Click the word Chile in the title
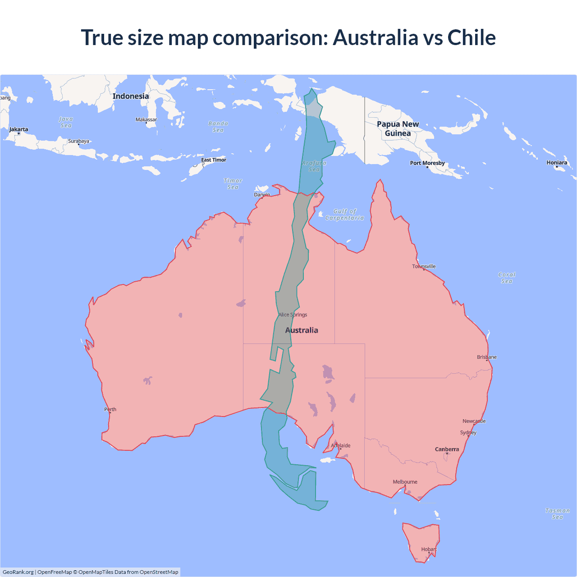(x=471, y=37)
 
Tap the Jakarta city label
(x=18, y=129)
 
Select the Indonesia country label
(x=130, y=96)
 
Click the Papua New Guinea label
(x=398, y=128)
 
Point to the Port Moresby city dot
(x=427, y=167)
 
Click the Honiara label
(x=557, y=163)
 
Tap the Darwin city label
(x=262, y=195)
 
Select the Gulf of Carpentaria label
(x=344, y=215)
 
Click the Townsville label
(x=424, y=266)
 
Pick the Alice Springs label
(x=293, y=315)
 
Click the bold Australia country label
(x=302, y=330)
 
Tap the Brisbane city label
(x=486, y=357)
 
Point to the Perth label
(x=110, y=409)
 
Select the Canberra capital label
(x=447, y=449)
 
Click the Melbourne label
(x=405, y=482)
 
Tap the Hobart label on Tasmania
(x=429, y=549)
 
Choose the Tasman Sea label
(x=557, y=514)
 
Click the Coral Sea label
(x=507, y=278)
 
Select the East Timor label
(x=214, y=160)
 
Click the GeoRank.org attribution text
(x=18, y=572)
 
